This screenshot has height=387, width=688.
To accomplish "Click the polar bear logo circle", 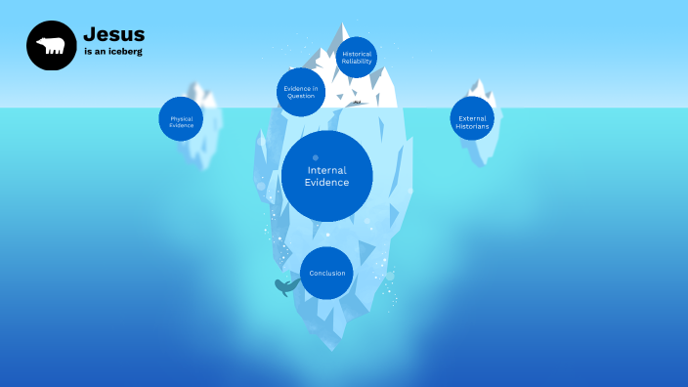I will (x=51, y=46).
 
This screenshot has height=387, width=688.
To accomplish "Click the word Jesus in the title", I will (x=113, y=35).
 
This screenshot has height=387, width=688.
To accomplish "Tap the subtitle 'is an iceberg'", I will (x=112, y=52).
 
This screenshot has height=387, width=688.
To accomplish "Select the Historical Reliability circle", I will (x=356, y=57).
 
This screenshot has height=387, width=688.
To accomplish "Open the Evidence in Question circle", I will (x=301, y=93).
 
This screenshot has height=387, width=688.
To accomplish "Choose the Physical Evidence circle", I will (x=182, y=119).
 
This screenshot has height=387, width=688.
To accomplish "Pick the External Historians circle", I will (x=473, y=119).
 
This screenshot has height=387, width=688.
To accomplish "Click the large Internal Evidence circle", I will (x=326, y=176).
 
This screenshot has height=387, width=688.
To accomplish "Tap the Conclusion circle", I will (x=326, y=273).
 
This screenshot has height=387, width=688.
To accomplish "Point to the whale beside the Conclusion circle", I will (x=285, y=286).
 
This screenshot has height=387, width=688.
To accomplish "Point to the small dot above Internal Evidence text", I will (x=315, y=157).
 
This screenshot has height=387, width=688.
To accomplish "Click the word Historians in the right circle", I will (x=473, y=126).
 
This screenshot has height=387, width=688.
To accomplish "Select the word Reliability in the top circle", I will (x=356, y=61).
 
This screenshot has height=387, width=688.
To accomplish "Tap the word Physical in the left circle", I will (x=182, y=118).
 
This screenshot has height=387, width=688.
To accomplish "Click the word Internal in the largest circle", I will (x=326, y=170).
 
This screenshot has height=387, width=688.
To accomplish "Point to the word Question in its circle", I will (x=301, y=97).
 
